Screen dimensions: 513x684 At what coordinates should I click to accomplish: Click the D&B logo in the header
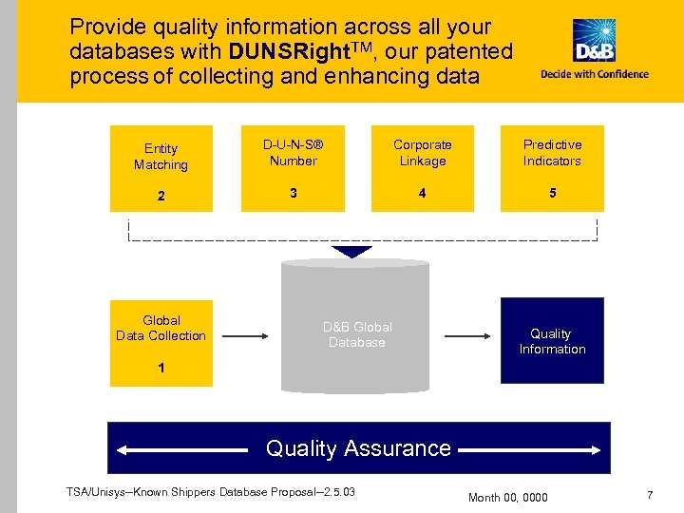[x=594, y=41]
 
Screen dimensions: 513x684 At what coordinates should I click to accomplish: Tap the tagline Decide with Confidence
[x=595, y=74]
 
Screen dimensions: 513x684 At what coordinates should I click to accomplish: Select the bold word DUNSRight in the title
[x=295, y=51]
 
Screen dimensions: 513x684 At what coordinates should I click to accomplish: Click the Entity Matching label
[x=161, y=157]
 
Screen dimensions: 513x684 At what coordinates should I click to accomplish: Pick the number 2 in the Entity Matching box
[x=161, y=197]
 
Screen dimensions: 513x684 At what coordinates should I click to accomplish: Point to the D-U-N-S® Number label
[x=293, y=153]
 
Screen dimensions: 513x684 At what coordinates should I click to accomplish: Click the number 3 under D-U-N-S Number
[x=293, y=193]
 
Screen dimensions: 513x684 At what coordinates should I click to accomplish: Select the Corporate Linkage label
[x=423, y=153]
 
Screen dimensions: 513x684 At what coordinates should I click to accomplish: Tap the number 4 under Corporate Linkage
[x=423, y=193]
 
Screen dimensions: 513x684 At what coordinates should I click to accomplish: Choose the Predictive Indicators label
[x=552, y=153]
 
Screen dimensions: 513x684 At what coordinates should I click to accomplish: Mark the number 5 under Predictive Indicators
[x=552, y=193]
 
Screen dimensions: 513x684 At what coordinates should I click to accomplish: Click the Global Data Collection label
[x=161, y=328]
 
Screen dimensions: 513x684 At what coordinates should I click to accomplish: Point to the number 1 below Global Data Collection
[x=161, y=368]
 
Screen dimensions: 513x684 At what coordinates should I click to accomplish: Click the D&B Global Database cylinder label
[x=356, y=334]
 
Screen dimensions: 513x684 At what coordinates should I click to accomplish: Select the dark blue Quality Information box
[x=552, y=341]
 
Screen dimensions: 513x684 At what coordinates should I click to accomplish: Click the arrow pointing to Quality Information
[x=467, y=335]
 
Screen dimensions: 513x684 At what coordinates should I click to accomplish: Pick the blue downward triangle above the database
[x=353, y=252]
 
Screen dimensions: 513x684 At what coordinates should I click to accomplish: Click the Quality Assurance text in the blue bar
[x=358, y=447]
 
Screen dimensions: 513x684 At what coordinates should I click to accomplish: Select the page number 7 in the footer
[x=650, y=495]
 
